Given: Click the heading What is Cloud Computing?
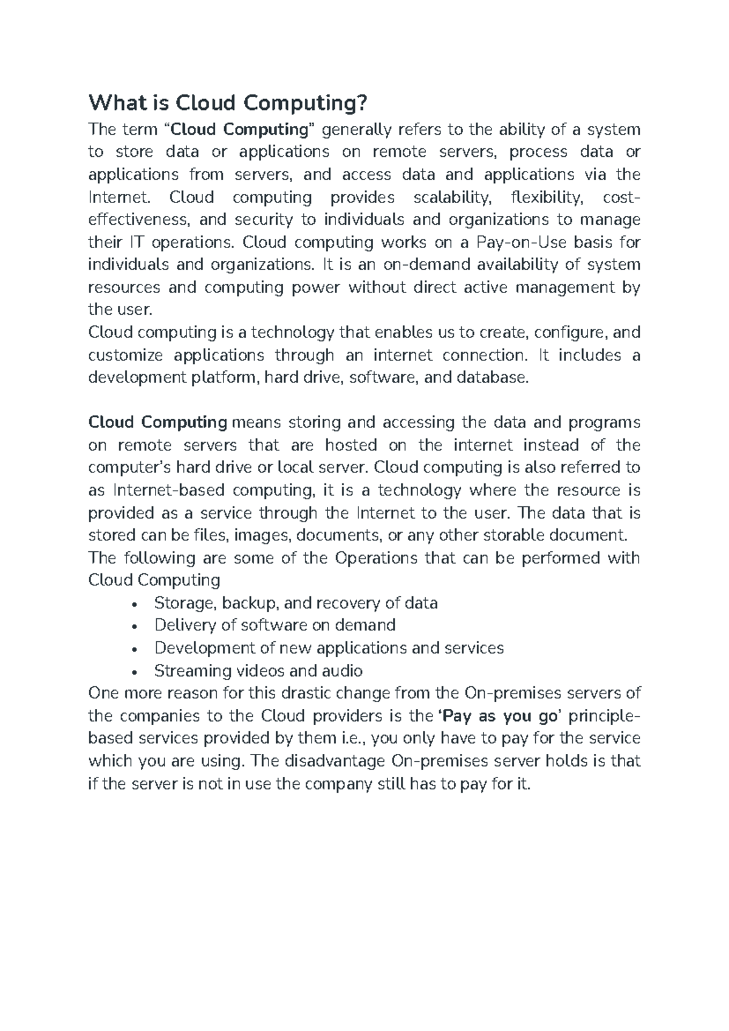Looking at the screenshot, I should tap(228, 103).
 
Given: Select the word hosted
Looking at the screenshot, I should tap(351, 445).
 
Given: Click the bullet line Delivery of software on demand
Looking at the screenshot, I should tap(275, 625).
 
